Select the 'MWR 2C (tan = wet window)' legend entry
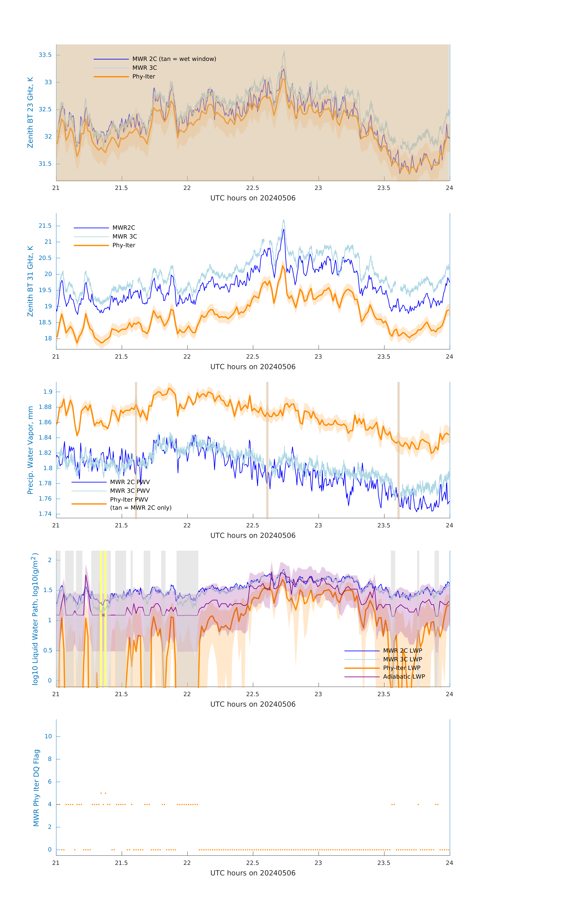[174, 59]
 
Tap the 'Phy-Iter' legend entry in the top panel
[144, 77]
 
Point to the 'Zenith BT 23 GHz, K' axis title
[30, 112]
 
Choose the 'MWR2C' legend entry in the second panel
[124, 228]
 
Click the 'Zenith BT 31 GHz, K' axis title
[30, 281]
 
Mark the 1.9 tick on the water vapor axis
[48, 392]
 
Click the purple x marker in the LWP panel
[103, 615]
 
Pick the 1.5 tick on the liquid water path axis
[48, 590]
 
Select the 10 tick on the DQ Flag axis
[48, 736]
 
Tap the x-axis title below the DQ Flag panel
[253, 873]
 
